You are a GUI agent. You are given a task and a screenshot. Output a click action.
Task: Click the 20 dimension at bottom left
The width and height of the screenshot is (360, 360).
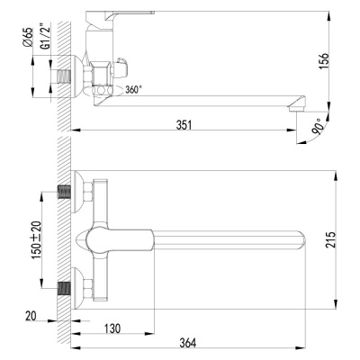(31, 316)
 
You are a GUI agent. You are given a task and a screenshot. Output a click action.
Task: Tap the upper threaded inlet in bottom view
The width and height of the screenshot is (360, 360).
(65, 192)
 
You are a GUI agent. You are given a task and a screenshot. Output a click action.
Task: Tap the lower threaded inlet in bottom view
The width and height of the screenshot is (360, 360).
(65, 290)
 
